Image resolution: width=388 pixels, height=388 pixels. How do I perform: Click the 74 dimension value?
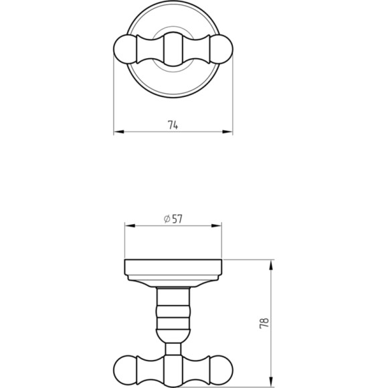coord(173,125)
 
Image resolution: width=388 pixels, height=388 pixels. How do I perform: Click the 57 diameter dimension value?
coord(177,219)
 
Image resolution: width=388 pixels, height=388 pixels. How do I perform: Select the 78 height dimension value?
coord(264,323)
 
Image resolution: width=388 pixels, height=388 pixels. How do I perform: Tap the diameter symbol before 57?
coord(167,219)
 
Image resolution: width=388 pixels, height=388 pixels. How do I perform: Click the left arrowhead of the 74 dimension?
coord(118,132)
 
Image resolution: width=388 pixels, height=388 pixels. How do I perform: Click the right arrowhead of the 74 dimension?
coord(227,132)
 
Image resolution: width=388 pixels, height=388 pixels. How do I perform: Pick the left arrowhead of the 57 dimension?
coord(130,225)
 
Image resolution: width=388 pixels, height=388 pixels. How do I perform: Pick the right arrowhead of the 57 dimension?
coord(216,225)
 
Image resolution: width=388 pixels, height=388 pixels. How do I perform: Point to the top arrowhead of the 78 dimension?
coord(271,265)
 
